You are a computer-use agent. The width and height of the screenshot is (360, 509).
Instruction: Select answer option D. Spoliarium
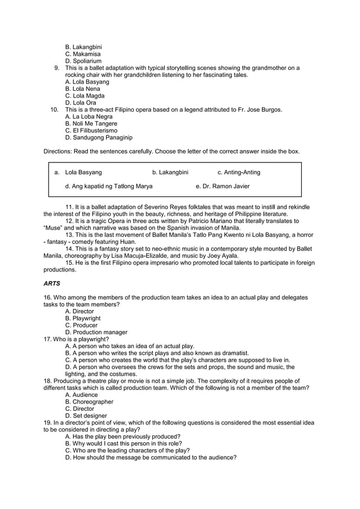tap(84, 61)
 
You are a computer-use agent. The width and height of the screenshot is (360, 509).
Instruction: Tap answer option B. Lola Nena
tap(82, 89)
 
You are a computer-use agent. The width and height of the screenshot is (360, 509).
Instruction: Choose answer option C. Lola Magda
tap(85, 96)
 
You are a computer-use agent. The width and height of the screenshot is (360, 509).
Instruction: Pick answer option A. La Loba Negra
tap(89, 117)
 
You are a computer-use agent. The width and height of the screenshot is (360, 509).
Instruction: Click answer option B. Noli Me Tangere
tap(91, 124)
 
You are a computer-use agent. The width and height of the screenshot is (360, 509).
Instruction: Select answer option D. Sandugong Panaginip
tap(99, 138)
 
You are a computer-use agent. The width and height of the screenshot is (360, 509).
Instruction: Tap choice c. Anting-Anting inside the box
tap(239, 172)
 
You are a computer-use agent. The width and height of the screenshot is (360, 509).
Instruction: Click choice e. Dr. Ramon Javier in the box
tap(222, 186)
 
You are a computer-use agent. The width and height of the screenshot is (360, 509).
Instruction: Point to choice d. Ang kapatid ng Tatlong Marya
tap(108, 186)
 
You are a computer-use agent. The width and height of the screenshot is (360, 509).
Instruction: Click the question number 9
tap(56, 68)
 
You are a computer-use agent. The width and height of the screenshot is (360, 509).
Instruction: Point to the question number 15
tap(71, 263)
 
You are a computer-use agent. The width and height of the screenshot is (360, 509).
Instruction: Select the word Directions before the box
tap(58, 151)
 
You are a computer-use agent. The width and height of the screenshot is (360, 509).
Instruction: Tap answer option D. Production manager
tap(96, 332)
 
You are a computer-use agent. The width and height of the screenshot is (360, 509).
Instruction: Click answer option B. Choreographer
tap(89, 402)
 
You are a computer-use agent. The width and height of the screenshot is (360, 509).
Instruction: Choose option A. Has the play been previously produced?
tap(123, 436)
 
